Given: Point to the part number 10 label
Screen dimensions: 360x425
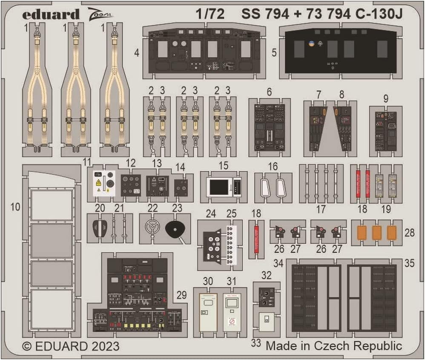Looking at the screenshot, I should tap(16, 207).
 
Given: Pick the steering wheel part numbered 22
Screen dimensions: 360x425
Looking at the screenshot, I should tap(152, 229).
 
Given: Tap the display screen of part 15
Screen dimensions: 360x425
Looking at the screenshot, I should tap(218, 186).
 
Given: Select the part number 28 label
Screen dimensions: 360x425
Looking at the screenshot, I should tap(409, 233).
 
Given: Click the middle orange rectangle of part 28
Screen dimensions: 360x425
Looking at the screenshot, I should tap(376, 233).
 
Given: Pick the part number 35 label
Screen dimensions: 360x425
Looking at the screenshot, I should tap(409, 263).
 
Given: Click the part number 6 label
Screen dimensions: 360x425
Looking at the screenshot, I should tap(269, 92).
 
